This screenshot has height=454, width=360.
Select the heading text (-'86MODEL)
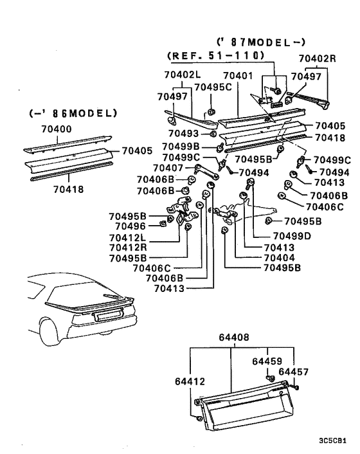[x=73, y=113]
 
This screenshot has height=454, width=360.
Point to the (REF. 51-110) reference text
[x=215, y=56]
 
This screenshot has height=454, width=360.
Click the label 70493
[x=183, y=133]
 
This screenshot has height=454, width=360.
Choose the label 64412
[x=190, y=381]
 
